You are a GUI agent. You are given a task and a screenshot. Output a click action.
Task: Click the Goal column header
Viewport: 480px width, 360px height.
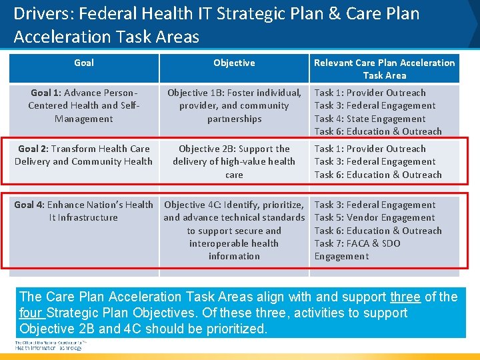84,63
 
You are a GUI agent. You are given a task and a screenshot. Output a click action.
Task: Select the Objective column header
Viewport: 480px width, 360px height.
234,63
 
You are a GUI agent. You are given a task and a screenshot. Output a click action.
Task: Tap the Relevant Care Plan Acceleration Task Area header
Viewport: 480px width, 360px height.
384,69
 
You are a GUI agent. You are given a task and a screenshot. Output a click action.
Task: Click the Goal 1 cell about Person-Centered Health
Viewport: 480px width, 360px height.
84,105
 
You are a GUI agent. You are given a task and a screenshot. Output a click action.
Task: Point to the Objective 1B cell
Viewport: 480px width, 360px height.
234,105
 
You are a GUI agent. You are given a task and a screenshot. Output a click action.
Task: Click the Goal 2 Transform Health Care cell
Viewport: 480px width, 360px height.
84,155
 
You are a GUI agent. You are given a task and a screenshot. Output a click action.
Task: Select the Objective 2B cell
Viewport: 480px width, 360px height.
234,161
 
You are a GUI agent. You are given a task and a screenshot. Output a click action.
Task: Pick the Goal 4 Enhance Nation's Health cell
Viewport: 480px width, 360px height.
84,211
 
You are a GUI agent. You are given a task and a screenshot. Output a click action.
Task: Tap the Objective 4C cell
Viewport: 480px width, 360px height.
234,230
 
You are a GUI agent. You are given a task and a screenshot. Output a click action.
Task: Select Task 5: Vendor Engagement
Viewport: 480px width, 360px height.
375,217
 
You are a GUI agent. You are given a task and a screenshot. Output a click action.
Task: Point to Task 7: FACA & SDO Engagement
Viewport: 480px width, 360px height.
357,249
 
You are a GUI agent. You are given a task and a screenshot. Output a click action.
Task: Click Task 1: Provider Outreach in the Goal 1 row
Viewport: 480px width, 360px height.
370,93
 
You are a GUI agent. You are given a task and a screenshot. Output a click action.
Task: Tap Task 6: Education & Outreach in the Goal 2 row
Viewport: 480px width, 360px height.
378,175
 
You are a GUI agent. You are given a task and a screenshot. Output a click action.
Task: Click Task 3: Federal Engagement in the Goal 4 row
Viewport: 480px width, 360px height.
375,205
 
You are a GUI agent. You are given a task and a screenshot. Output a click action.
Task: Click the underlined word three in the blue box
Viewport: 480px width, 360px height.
405,297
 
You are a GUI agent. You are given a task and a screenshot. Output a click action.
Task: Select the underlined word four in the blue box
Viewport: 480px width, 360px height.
31,313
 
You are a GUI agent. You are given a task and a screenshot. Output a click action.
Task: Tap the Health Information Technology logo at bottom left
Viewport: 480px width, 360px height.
49,345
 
